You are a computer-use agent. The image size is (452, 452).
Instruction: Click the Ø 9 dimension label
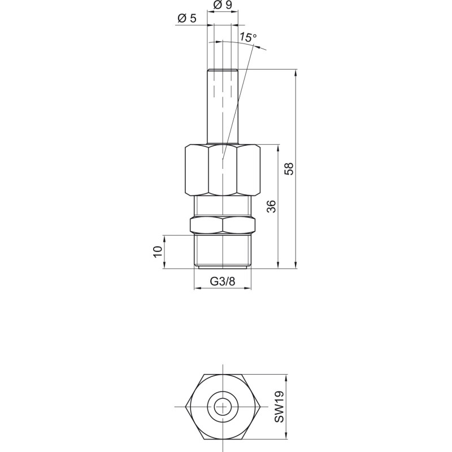(x=223, y=5)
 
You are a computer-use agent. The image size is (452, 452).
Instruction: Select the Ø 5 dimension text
(x=187, y=18)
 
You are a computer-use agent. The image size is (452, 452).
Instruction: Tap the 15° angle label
(x=248, y=37)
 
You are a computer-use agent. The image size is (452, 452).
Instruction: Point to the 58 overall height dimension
(x=289, y=168)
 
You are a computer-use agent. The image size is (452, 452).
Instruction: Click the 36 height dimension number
(x=271, y=206)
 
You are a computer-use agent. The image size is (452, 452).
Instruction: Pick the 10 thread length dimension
(x=158, y=252)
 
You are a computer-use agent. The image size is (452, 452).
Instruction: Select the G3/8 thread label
(x=222, y=281)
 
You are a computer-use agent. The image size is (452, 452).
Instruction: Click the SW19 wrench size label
(x=279, y=406)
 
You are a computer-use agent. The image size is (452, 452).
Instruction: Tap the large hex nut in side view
(x=223, y=171)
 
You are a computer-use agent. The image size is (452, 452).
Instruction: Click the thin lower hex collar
(x=223, y=225)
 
